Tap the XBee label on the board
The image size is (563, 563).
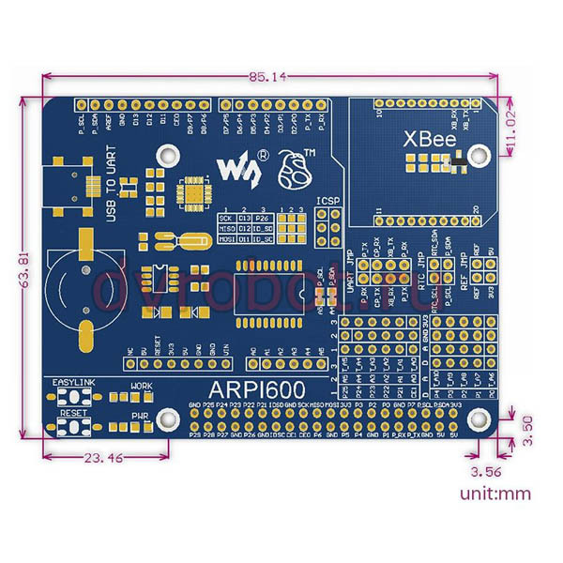click(431, 140)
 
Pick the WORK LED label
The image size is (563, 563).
click(141, 386)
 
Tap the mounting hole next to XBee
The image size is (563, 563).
click(479, 151)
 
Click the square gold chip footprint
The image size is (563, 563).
click(194, 190)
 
